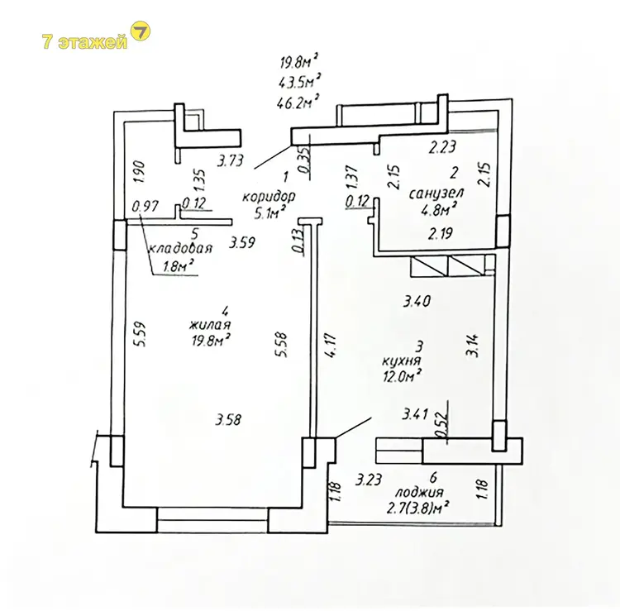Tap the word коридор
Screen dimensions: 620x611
pos(269,196)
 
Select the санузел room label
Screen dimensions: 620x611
pos(436,193)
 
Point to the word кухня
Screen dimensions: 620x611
pos(401,360)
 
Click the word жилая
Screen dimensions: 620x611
pos(210,325)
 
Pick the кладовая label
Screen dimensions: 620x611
pos(181,248)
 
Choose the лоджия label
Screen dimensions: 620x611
pos(419,493)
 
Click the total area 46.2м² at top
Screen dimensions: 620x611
pos(298,103)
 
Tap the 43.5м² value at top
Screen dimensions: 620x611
pos(298,82)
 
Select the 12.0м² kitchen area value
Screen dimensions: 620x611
pos(401,376)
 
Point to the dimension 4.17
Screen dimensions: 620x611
pos(331,346)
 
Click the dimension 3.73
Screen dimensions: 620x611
pos(231,160)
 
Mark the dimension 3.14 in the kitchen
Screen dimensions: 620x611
pos(474,346)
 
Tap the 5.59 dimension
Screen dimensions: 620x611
pos(140,334)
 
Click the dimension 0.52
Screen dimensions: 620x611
pos(441,425)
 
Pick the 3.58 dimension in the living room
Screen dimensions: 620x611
pos(228,419)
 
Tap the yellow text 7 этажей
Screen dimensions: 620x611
pos(84,41)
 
